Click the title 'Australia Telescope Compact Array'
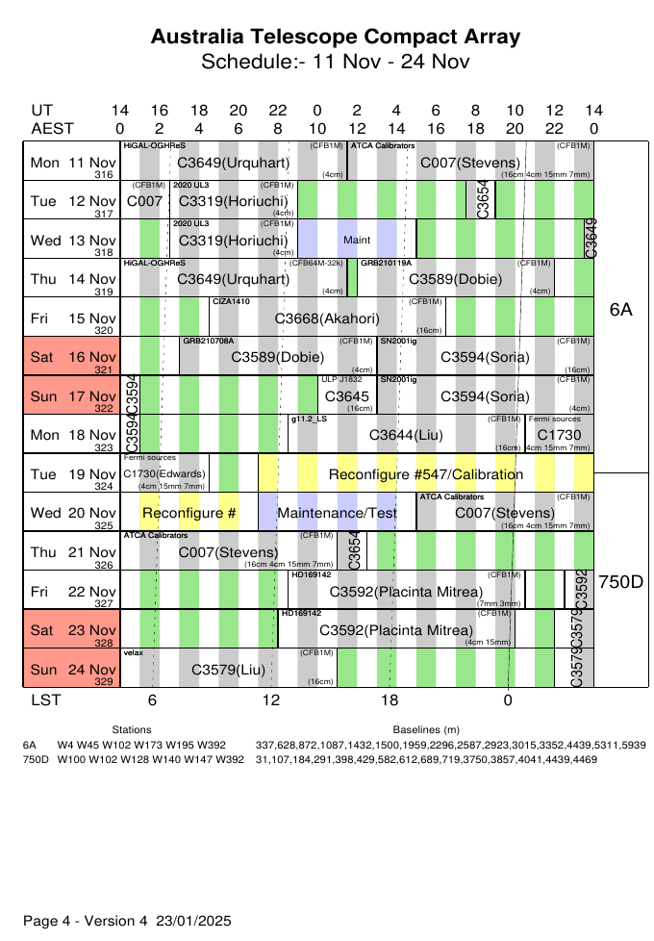coord(336,38)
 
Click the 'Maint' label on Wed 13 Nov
coord(357,238)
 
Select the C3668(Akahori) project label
coord(327,318)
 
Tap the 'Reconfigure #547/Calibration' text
coord(426,474)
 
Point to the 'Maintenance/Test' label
coord(337,514)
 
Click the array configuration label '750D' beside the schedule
coord(621,582)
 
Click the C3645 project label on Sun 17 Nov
coord(347,396)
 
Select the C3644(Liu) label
coord(406,436)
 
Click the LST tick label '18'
coord(390,700)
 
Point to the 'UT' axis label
coord(41,111)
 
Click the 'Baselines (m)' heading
coord(426,730)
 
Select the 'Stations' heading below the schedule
coord(132,730)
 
